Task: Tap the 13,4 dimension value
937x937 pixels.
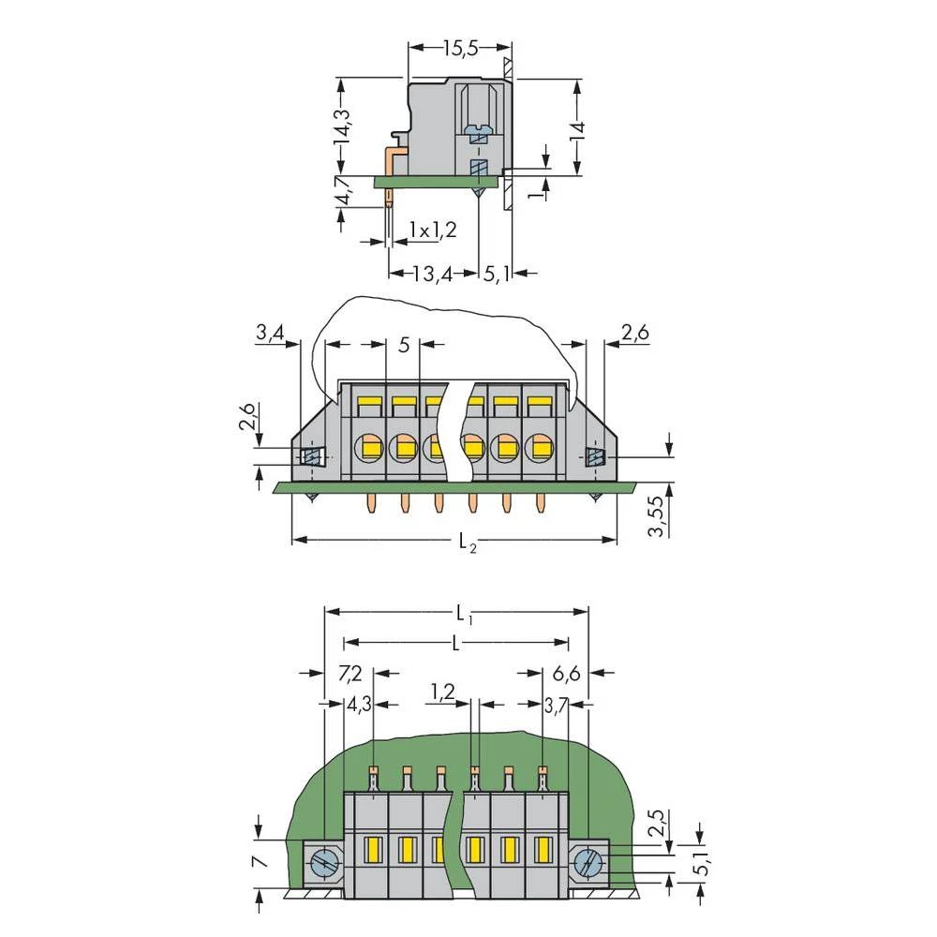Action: coord(433,274)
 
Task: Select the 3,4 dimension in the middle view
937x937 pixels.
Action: coord(270,331)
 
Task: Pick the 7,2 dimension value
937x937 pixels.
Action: coord(350,673)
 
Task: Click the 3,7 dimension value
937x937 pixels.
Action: coord(557,705)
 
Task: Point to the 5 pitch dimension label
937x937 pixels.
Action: coord(404,345)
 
